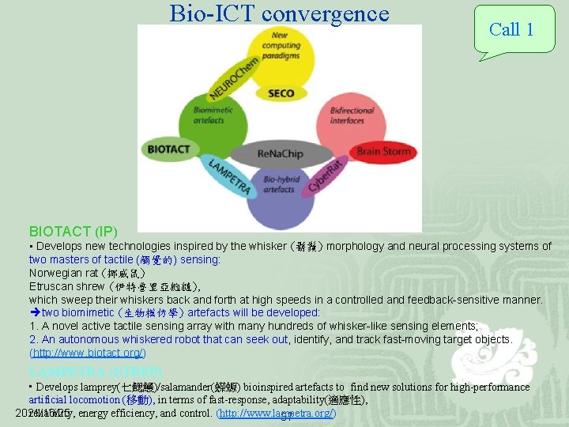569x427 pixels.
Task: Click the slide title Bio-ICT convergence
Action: (279, 13)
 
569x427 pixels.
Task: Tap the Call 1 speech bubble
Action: (511, 30)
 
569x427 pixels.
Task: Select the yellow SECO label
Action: (281, 93)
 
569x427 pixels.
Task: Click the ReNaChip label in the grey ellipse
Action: (280, 153)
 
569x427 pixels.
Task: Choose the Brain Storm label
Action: (384, 151)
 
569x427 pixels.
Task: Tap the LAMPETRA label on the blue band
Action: (229, 176)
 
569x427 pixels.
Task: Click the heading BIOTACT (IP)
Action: (73, 232)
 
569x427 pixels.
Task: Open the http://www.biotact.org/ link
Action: (87, 353)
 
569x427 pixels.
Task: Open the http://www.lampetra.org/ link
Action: (277, 413)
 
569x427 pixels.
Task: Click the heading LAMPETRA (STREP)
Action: (96, 371)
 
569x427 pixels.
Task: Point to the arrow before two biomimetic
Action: (35, 313)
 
